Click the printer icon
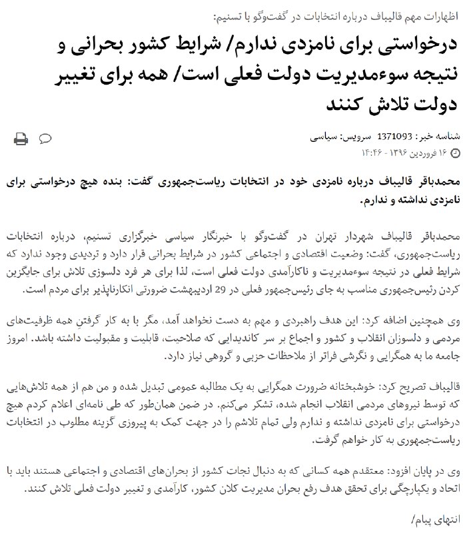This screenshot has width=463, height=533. [x=21, y=139]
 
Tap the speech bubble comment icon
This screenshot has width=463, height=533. [x=46, y=139]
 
